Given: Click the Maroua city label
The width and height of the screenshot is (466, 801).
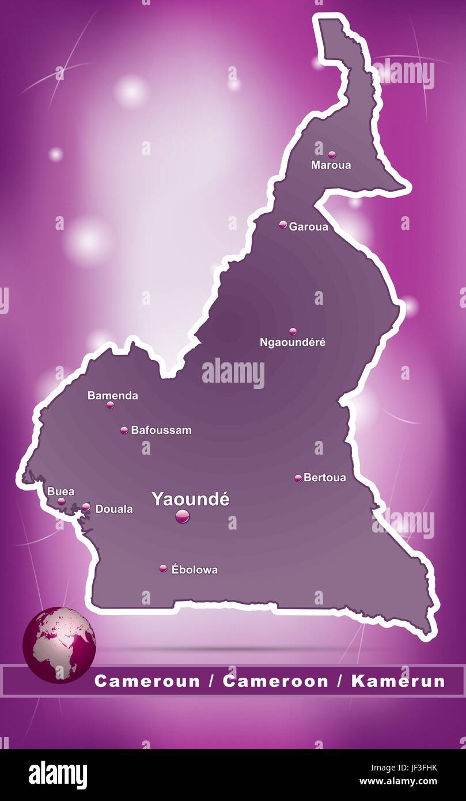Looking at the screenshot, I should (331, 165).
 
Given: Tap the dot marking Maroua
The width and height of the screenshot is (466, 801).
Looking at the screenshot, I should (332, 154).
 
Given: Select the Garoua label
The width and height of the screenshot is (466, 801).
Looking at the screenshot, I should (309, 226).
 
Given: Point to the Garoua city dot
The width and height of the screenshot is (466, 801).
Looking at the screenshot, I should (283, 225).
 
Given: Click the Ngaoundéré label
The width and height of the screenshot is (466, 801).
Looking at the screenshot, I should (293, 342).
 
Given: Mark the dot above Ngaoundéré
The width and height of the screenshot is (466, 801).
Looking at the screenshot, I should (293, 331).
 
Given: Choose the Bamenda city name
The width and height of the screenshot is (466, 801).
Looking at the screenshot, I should (112, 395).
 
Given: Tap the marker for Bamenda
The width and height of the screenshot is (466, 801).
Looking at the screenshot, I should (110, 405).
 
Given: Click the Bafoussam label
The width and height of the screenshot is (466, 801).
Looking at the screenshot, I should (161, 430).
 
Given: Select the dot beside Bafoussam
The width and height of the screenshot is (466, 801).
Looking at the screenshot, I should (124, 430).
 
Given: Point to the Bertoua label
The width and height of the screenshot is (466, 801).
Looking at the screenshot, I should (325, 477).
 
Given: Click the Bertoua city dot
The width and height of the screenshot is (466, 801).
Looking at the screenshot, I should (298, 478).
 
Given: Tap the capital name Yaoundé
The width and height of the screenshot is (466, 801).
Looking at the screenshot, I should (190, 499).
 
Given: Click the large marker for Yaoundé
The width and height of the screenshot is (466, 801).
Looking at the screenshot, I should (182, 516).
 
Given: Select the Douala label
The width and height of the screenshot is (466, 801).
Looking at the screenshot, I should (113, 509).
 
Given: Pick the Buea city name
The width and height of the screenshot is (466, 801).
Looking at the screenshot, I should (60, 492).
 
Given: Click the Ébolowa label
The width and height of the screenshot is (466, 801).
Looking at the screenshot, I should (195, 569).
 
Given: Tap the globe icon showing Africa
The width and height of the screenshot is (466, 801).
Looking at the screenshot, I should (59, 645).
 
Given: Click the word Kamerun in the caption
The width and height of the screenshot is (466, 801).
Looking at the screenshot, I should (398, 681).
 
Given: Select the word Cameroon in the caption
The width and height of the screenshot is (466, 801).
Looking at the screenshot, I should (275, 681).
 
